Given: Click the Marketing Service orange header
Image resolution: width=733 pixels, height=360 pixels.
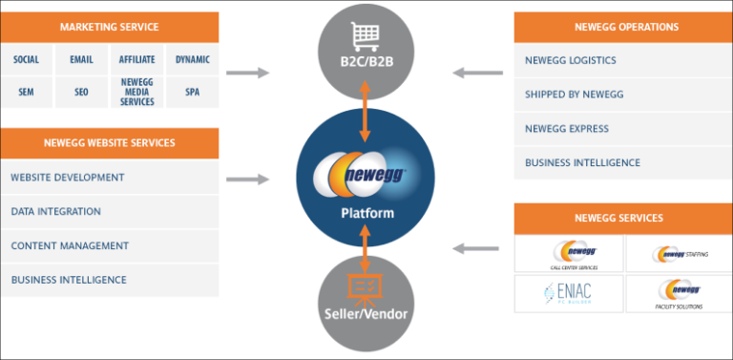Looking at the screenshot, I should pyautogui.click(x=109, y=26).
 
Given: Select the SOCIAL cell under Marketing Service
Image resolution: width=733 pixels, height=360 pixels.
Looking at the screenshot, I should pyautogui.click(x=27, y=59).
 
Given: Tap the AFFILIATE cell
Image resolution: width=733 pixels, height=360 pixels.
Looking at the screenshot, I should pyautogui.click(x=136, y=59).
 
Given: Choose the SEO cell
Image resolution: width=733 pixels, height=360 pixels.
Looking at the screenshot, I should pyautogui.click(x=81, y=93).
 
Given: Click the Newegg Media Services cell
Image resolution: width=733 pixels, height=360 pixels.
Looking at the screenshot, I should pyautogui.click(x=136, y=93).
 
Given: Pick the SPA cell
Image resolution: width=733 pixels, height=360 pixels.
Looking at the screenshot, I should pyautogui.click(x=192, y=93).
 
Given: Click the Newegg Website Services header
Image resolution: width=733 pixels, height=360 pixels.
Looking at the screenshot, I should pyautogui.click(x=109, y=143).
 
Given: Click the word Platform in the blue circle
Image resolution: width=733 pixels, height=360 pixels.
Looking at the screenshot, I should pyautogui.click(x=366, y=213).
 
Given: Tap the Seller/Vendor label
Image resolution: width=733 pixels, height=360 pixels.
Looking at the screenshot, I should pyautogui.click(x=366, y=314).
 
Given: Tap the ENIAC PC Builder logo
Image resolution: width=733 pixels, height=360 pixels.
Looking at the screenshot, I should pyautogui.click(x=568, y=293).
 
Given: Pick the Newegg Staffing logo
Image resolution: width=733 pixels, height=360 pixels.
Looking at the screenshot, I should pyautogui.click(x=679, y=254).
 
